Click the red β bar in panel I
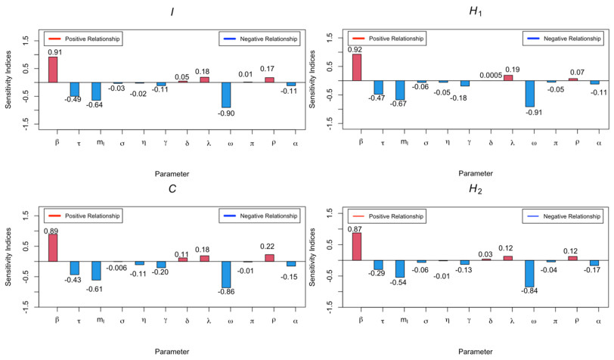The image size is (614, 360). tap(53, 70)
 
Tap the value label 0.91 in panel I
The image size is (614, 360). tap(54, 52)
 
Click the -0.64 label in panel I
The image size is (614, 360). tap(97, 105)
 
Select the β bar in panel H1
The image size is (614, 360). tap(357, 67)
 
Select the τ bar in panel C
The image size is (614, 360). tap(75, 268)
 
